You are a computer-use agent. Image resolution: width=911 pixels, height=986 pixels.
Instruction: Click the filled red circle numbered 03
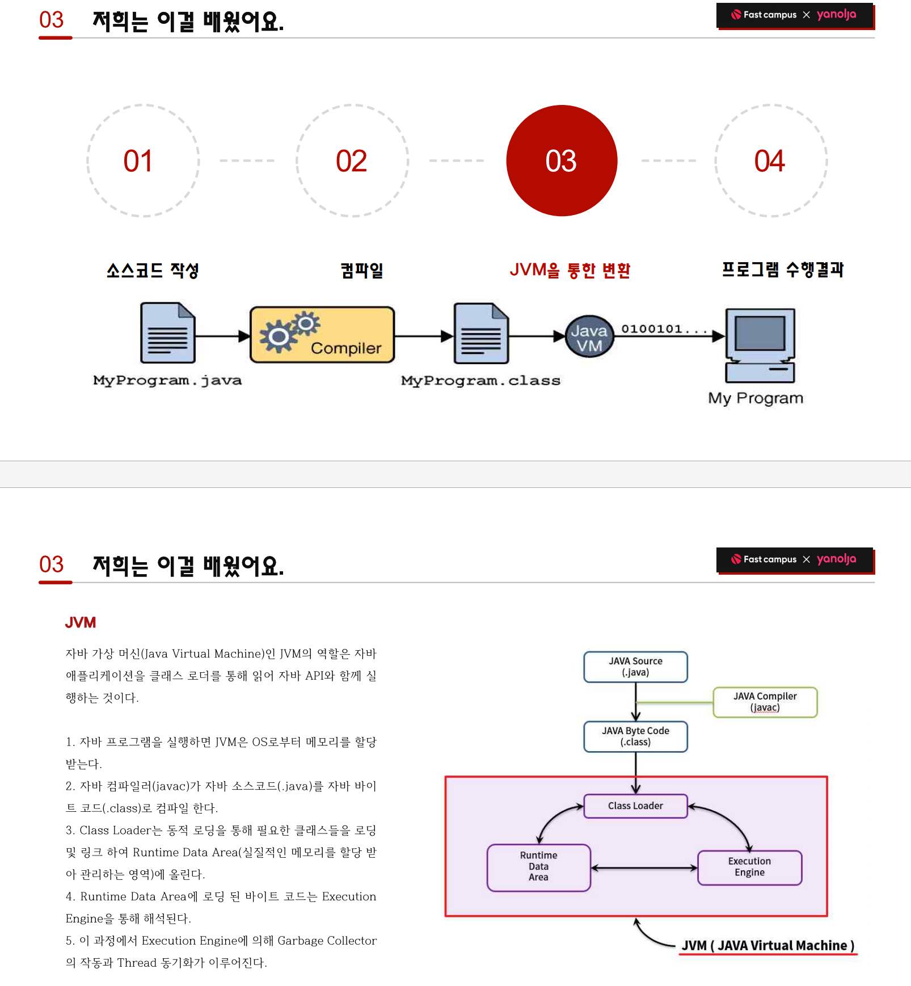(562, 161)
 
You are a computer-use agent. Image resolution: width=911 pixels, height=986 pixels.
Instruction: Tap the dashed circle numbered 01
(143, 161)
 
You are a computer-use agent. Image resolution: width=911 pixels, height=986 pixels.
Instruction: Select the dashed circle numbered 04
(771, 161)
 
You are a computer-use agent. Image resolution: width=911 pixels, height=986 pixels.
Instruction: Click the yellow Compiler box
(322, 335)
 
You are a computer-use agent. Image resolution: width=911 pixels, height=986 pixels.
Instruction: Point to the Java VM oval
(589, 336)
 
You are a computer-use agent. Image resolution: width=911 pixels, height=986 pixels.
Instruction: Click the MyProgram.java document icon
(168, 333)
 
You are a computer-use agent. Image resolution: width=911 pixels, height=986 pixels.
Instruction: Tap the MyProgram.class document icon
(481, 334)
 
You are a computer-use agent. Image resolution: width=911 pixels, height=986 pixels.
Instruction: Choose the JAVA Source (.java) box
(635, 667)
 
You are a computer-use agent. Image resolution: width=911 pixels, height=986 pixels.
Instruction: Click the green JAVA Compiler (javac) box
(765, 702)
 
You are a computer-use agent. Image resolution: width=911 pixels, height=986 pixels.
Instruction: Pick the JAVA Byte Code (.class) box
(635, 736)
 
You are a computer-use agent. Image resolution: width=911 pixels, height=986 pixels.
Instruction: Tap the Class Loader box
(635, 806)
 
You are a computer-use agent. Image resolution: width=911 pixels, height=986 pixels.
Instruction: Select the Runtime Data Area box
(538, 867)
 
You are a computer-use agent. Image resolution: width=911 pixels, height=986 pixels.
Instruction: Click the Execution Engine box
(749, 867)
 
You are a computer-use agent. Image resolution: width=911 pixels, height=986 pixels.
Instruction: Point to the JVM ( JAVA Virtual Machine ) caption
(767, 946)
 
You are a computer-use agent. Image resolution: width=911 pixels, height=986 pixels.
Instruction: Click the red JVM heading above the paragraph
(81, 622)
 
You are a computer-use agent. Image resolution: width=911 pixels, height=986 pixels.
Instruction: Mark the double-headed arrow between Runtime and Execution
(644, 867)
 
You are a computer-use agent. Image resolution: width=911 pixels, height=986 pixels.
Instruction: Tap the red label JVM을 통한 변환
(570, 270)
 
